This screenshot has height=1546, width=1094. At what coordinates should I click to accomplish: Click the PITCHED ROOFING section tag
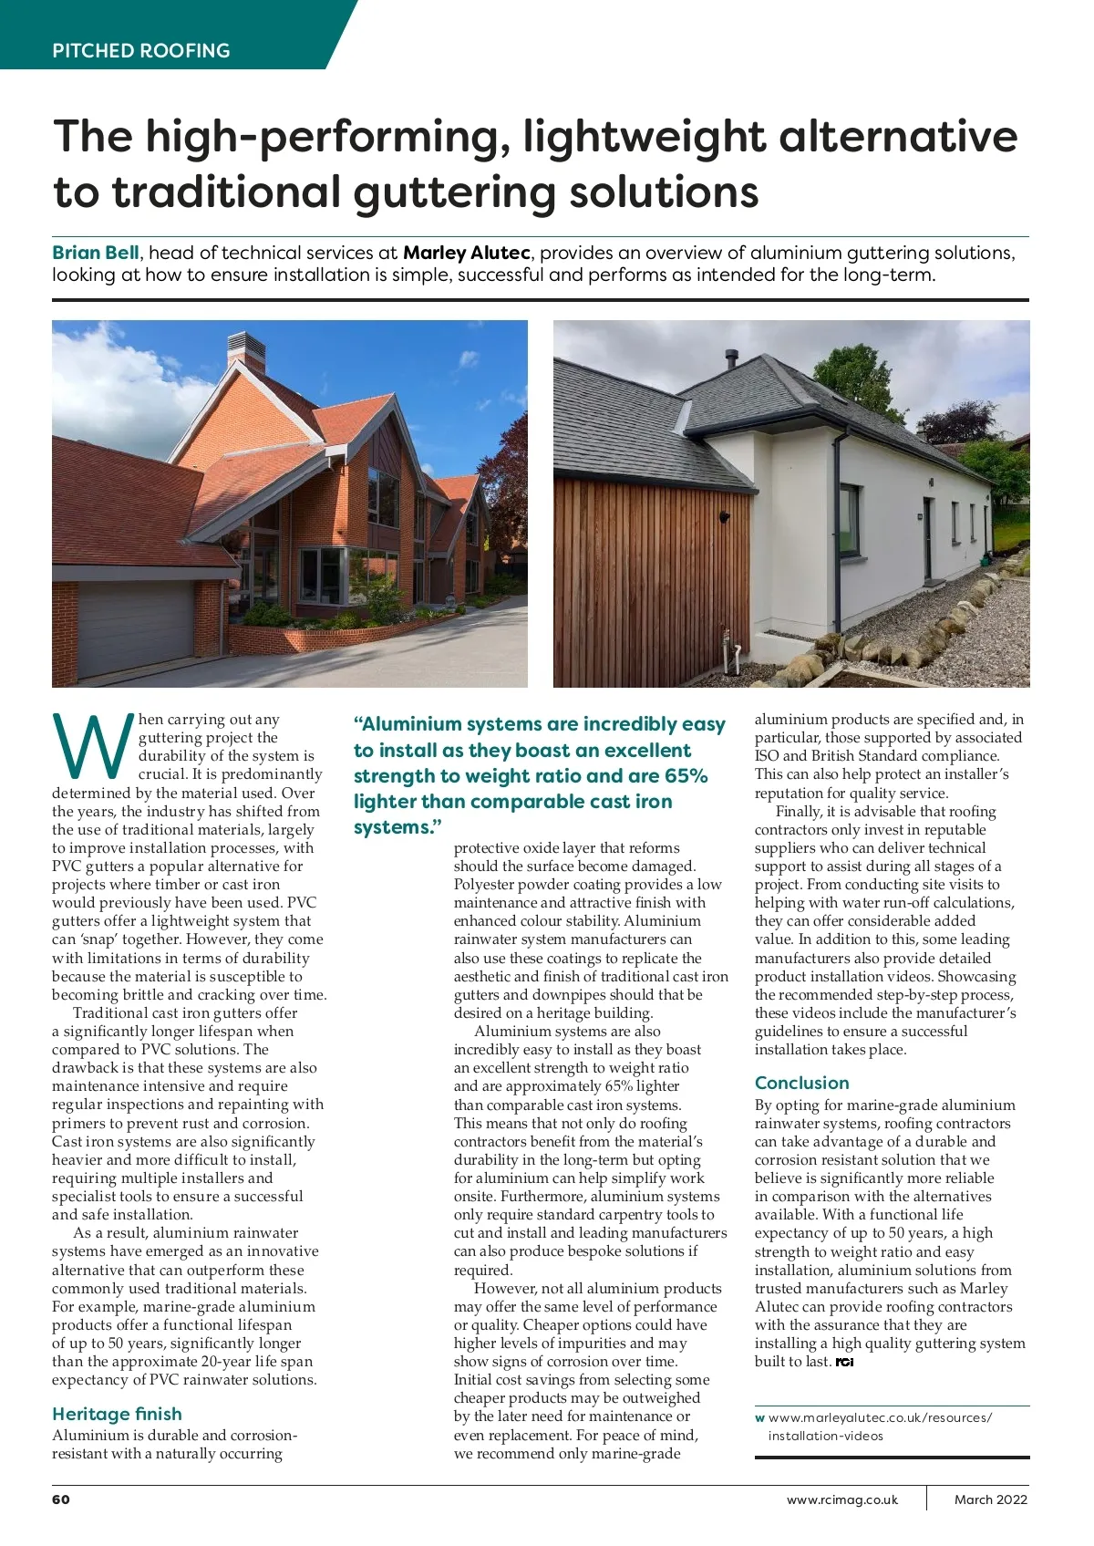[141, 51]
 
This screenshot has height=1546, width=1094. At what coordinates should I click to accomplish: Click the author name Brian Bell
[96, 253]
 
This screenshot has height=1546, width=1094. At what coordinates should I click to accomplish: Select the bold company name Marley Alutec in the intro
[466, 253]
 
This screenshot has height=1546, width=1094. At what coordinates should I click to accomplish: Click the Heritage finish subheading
[117, 1414]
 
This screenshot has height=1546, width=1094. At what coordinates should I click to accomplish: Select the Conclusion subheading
[801, 1083]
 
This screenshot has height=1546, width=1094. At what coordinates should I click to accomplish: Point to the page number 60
[61, 1499]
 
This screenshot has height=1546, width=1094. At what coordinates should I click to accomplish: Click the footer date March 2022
[990, 1499]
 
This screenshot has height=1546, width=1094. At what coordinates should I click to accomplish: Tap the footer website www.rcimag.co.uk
[841, 1499]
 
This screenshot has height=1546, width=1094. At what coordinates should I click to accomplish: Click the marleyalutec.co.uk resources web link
[879, 1427]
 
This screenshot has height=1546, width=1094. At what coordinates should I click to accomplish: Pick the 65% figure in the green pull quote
[686, 776]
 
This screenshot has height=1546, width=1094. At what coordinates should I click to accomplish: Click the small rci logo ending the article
[844, 1362]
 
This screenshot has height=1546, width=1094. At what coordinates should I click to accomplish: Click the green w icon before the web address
[759, 1418]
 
